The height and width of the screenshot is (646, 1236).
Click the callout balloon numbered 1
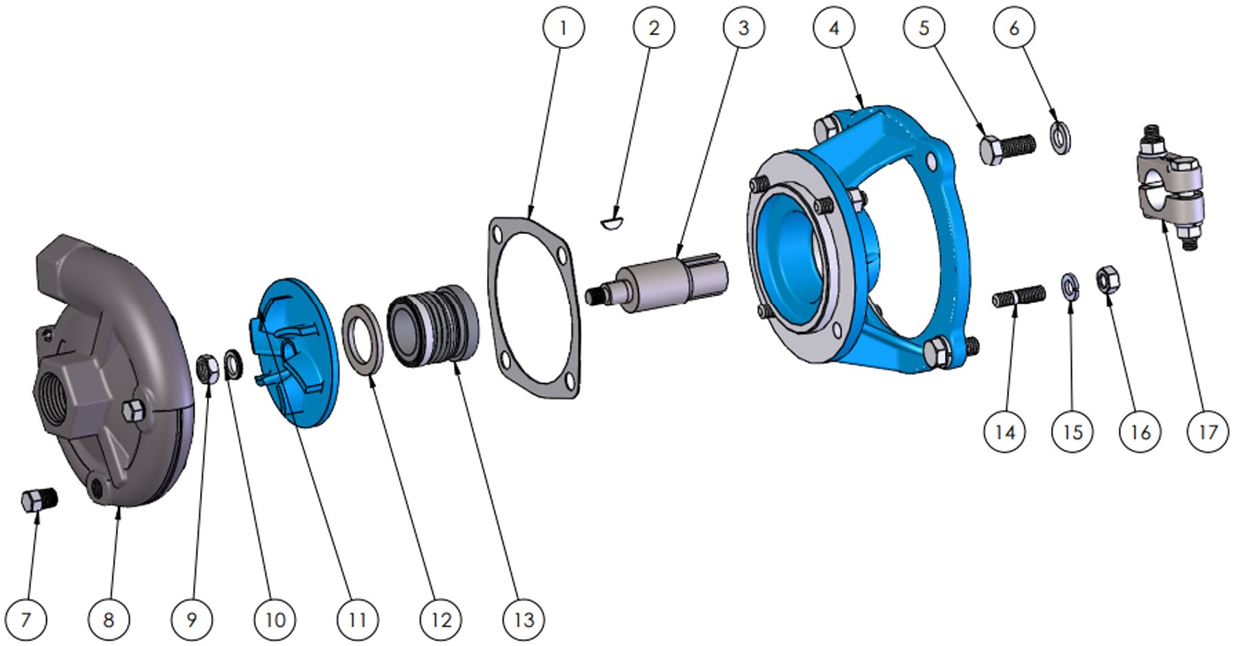(564, 28)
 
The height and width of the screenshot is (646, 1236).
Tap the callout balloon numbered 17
(1208, 432)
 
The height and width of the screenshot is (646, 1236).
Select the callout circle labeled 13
(524, 620)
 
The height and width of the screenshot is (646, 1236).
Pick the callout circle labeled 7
(26, 620)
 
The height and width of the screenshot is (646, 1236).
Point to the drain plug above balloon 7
(39, 500)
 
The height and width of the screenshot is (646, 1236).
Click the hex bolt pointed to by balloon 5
(1006, 149)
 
